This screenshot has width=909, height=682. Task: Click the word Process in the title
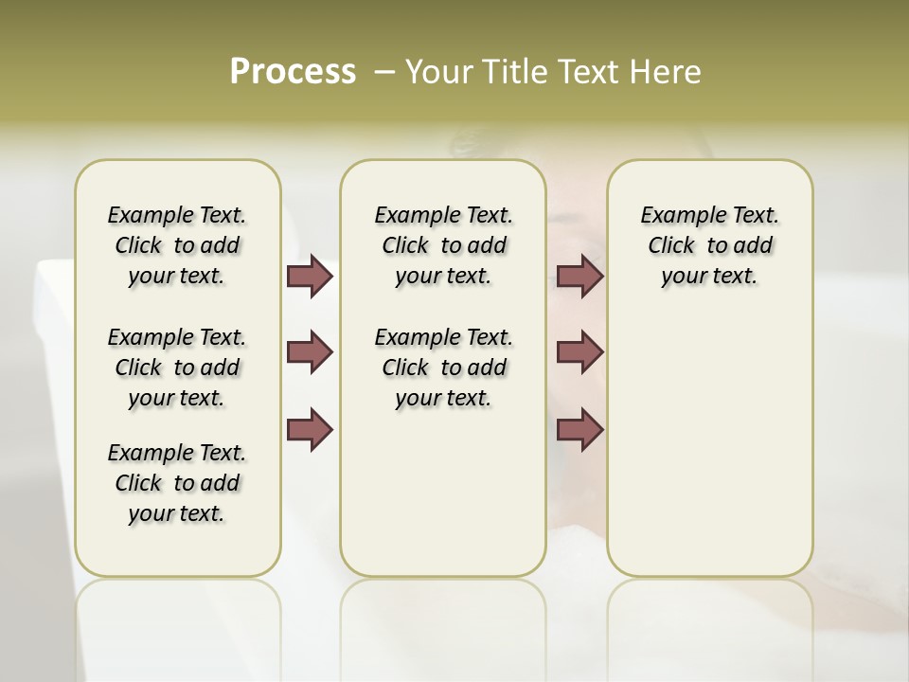click(293, 72)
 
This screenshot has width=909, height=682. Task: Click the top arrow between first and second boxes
click(310, 276)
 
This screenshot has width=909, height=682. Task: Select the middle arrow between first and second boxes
click(310, 352)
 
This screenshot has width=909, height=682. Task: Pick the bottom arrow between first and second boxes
click(310, 429)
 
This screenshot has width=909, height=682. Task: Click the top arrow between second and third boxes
click(579, 276)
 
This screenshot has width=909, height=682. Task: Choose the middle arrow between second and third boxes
click(579, 352)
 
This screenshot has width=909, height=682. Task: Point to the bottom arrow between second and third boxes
click(579, 429)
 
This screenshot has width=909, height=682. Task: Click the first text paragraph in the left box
click(177, 245)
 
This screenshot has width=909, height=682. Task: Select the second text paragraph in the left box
click(177, 368)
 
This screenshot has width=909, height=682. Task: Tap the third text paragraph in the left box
click(177, 483)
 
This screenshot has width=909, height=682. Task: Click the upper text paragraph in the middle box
click(443, 245)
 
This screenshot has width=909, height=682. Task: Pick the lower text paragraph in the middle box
click(443, 368)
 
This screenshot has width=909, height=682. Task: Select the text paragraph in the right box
click(710, 245)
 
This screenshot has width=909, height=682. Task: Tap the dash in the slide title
click(384, 72)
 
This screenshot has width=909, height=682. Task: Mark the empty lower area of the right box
click(710, 445)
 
